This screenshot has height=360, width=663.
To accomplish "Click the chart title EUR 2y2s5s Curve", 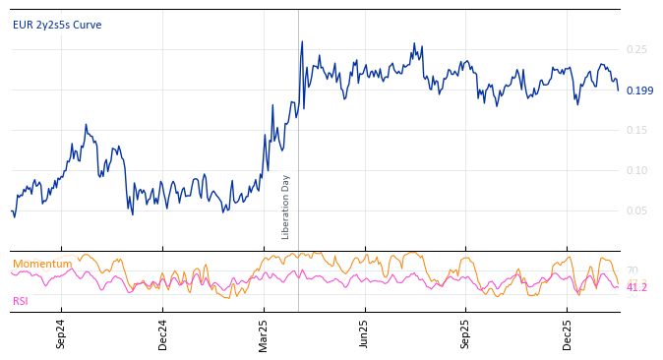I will coord(57,26).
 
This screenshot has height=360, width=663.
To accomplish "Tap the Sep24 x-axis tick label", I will coord(61,333).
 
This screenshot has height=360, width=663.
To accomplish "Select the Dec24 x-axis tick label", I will coord(163,333).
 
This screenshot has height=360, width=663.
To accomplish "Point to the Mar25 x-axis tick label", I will coord(264,333).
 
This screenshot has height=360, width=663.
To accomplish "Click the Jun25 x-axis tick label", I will coord(364,333).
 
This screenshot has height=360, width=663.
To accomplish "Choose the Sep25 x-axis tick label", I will coord(466,333).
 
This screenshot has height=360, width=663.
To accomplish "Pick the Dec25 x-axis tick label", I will coord(568,333).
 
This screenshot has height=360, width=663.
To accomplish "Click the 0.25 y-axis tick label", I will coord(636,49).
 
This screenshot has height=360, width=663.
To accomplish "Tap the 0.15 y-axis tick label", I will coord(636,130).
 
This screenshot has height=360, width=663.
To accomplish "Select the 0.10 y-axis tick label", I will coord(636,170).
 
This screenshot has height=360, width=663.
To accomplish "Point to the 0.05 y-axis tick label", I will coord(636,210).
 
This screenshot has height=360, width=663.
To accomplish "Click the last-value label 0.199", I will coord(639,90).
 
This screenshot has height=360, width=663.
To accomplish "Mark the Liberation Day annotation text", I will coord(286,207).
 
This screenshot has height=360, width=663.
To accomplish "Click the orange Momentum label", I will coord(42,264).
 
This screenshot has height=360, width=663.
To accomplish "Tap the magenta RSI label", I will coord(21,301).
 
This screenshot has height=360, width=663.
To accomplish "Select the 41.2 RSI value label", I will coord(636,287).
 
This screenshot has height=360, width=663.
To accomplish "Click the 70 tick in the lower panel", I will coord(632,270).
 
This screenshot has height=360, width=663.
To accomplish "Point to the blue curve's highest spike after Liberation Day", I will coord(302,42).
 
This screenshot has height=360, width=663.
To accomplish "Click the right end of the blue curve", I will coord(619,90).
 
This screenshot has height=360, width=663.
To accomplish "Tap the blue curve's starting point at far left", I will coord(12,211).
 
